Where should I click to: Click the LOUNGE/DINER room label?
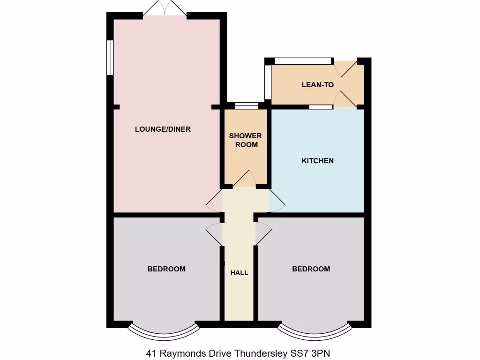163,129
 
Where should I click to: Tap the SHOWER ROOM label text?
246,140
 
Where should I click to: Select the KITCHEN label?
317,161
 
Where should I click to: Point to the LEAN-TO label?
317,85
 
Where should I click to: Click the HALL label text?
239,272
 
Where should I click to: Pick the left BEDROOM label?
166,269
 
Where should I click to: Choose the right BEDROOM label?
311,269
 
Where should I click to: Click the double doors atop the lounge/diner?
165,8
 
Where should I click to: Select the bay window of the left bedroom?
164,331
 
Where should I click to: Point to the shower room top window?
246,105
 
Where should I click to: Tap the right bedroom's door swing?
263,233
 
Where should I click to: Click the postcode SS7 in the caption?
295,353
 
